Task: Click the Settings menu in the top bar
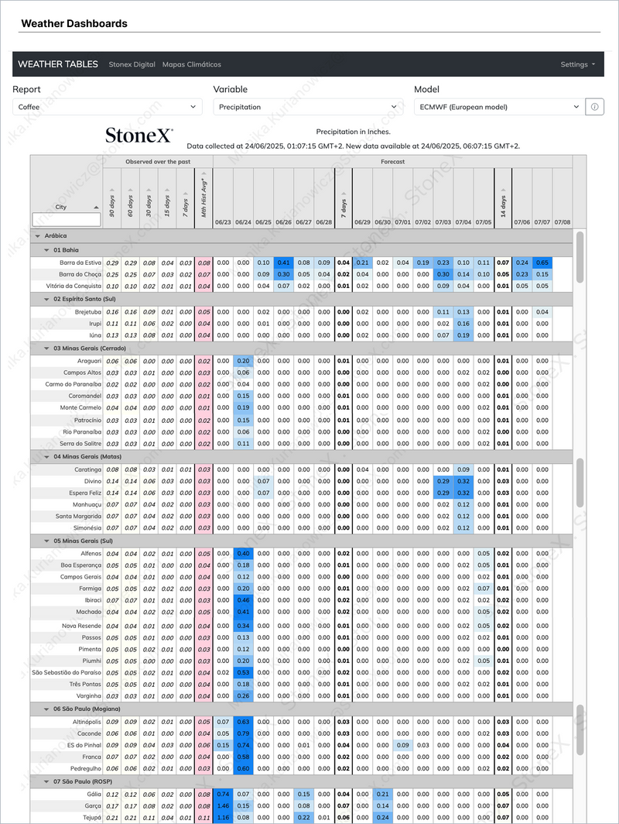(x=577, y=64)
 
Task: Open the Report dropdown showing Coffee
(x=108, y=107)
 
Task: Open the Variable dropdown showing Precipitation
(x=307, y=107)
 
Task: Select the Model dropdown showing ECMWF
(x=498, y=107)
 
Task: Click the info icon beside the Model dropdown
(x=594, y=107)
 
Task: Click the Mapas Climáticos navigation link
(x=191, y=64)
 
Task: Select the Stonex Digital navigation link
(x=132, y=64)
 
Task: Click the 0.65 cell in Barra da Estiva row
(x=542, y=263)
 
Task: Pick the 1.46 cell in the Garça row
(x=224, y=805)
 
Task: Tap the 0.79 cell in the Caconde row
(x=244, y=733)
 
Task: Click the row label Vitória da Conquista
(x=69, y=286)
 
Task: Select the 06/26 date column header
(x=283, y=222)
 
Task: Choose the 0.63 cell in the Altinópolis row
(x=244, y=722)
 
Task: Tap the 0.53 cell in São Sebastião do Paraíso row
(x=244, y=672)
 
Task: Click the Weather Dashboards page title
(x=74, y=23)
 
